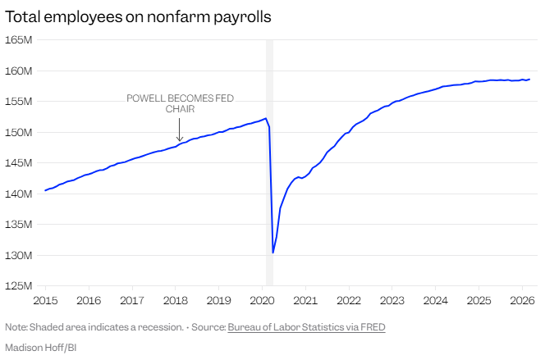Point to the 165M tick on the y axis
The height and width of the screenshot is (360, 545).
point(19,39)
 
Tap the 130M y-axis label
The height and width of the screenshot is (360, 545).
point(19,255)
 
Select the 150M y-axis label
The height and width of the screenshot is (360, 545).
point(19,132)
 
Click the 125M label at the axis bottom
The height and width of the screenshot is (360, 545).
point(19,285)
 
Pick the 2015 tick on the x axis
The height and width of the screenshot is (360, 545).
point(45,299)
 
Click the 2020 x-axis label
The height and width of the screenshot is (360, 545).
point(262,299)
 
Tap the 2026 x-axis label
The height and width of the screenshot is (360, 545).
point(522,299)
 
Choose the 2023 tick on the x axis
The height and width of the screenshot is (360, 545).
point(392,299)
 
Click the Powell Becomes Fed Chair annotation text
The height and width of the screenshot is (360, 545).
point(180,103)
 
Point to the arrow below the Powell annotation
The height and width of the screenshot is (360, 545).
point(180,130)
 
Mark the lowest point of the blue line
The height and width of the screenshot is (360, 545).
point(272,253)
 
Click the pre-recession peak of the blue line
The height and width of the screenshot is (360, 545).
point(265,118)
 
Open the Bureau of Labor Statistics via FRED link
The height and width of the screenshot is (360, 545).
point(306,327)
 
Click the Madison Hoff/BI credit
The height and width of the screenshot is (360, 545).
point(40,347)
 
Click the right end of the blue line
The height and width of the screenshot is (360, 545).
point(529,80)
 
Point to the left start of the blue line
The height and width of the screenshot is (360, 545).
point(45,190)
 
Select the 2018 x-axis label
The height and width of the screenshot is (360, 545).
point(175,299)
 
